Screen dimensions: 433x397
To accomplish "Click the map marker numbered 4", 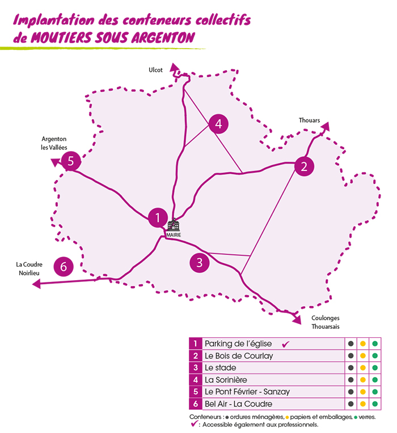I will [x=218, y=123].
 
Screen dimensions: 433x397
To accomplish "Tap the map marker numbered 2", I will [x=305, y=166].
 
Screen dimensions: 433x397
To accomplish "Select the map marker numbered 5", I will [x=70, y=161].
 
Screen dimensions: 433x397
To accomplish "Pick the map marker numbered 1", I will [x=157, y=217].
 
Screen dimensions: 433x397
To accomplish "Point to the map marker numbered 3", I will [x=199, y=262].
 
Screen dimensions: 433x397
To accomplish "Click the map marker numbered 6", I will [x=64, y=265].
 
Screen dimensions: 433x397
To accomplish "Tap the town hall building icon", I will [x=173, y=225].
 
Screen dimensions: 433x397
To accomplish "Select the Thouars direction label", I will [x=310, y=121].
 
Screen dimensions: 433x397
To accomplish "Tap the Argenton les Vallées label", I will [x=54, y=143].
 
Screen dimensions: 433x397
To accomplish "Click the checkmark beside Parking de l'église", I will [x=286, y=344].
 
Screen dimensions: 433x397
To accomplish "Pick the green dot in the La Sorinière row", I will [x=374, y=380].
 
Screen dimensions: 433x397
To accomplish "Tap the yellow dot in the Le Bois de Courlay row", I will [x=362, y=355].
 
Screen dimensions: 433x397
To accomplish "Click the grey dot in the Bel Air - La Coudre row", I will [x=351, y=404].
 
